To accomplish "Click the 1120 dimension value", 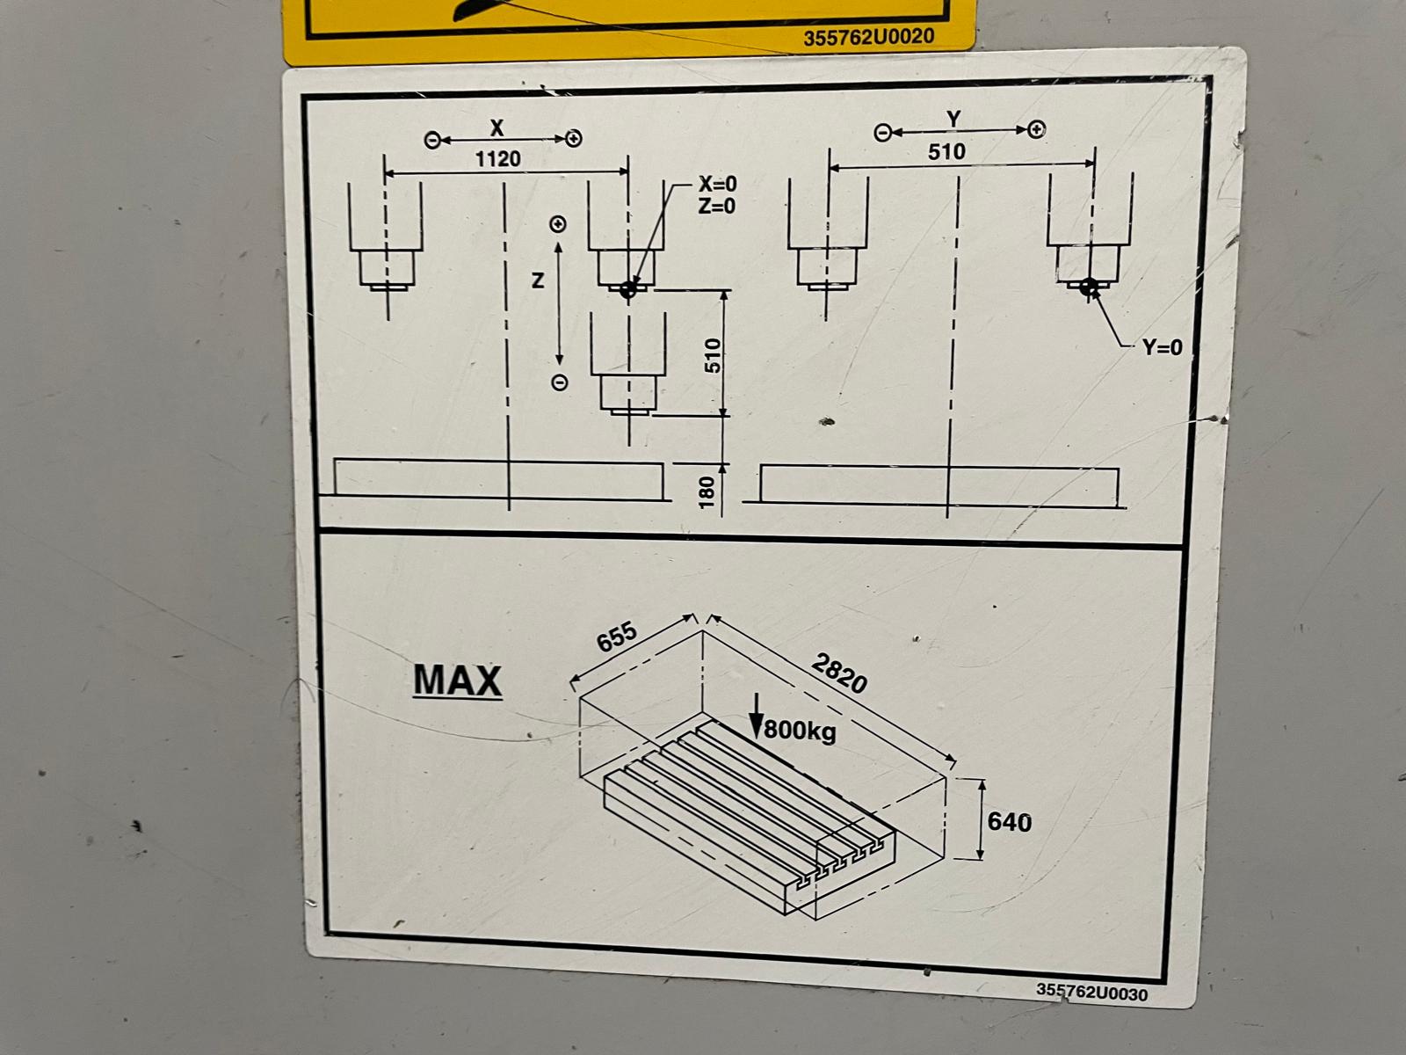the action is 497,158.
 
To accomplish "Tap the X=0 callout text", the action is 717,185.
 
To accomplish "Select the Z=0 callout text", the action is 717,207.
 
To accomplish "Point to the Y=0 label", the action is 1163,347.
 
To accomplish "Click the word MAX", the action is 457,680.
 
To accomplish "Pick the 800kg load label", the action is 800,731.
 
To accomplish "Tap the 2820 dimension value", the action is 839,673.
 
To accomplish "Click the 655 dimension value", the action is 616,636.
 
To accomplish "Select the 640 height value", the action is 1010,822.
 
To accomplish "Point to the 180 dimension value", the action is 707,492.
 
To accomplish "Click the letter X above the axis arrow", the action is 497,128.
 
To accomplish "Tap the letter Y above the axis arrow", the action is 953,120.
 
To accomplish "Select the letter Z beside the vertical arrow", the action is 538,280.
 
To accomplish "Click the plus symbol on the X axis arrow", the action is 574,138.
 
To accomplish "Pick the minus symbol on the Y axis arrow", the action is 883,133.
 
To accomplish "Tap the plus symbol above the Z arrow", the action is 559,224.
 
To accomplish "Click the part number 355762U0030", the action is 1091,993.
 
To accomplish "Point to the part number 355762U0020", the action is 868,37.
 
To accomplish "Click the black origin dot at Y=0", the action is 1088,287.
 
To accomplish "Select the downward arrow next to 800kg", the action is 757,717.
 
